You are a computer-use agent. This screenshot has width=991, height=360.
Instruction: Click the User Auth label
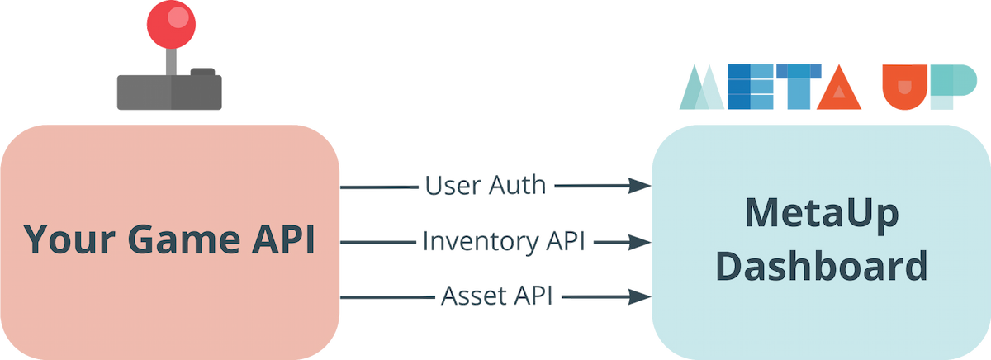[486, 186]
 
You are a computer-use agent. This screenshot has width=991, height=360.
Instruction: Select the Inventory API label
[504, 242]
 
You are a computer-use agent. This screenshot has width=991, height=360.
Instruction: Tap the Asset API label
[498, 296]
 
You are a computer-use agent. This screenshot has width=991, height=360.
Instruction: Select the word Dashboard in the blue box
[821, 267]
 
